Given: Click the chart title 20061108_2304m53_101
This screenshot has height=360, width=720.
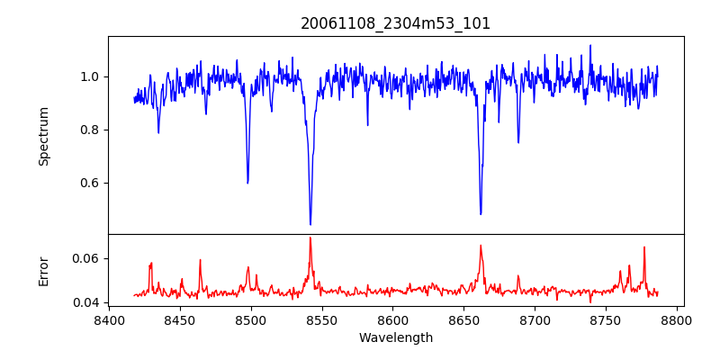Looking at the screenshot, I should coord(395,23).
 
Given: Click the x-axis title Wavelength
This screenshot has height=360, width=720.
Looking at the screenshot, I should coord(395,337).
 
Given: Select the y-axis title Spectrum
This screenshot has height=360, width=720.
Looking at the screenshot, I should coord(43,136).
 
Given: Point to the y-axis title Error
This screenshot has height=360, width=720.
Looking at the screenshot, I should coord(43,270).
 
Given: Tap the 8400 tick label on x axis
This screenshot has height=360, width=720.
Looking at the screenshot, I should coord(109,319).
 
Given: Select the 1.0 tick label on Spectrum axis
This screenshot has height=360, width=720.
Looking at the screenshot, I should coord(89,76).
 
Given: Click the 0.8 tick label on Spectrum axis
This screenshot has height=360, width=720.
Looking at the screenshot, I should coord(89,130).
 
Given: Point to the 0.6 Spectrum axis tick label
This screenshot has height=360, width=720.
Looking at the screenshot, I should coord(89,183).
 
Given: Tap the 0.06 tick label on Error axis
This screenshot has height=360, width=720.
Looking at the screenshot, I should coord(85,258).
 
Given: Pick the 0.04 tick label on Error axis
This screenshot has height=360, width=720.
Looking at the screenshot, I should coord(85,302).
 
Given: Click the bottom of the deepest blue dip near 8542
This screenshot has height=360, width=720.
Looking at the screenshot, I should coord(310,224).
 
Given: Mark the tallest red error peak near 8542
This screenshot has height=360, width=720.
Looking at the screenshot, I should coord(310,238).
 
